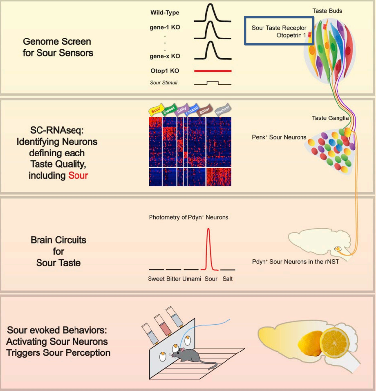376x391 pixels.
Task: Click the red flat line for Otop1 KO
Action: (x=213, y=71)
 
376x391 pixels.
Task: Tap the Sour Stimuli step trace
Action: (x=213, y=83)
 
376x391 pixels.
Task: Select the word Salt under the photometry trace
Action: (x=227, y=279)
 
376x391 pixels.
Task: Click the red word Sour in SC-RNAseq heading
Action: (x=78, y=175)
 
